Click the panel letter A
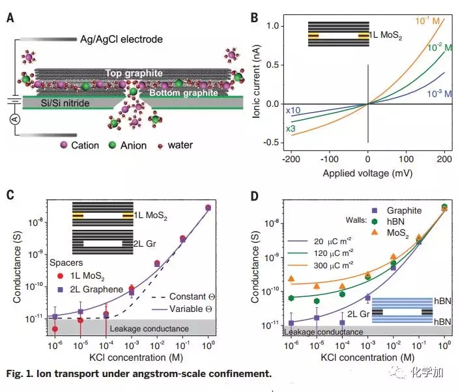click(x=10, y=18)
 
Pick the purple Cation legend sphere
click(x=64, y=145)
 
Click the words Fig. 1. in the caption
click(x=21, y=374)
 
